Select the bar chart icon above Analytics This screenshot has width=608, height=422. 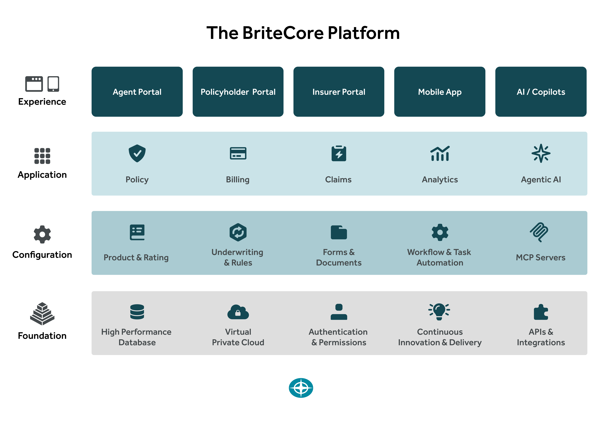point(440,153)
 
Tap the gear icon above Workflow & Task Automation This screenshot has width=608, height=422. point(440,232)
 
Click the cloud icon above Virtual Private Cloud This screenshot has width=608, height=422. point(238,312)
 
